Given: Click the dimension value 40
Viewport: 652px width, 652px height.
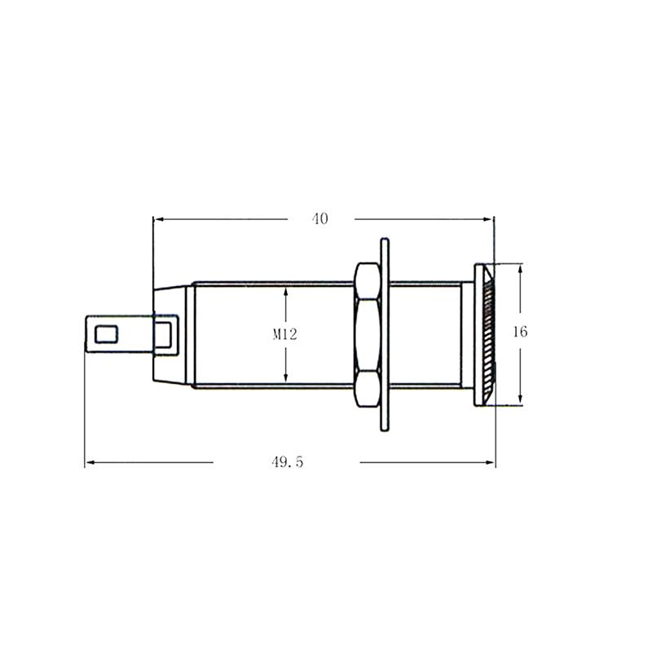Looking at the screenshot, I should [319, 218].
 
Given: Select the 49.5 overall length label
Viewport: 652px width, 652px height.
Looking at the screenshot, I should [287, 462].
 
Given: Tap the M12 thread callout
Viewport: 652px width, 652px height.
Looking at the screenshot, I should [284, 333].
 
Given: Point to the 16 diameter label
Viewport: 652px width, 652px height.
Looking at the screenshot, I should [520, 332].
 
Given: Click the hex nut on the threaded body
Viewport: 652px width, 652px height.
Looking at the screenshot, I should [367, 334].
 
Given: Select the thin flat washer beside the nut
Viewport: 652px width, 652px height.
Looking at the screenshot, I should [385, 334].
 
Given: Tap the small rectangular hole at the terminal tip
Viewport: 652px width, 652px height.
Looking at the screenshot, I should [105, 333].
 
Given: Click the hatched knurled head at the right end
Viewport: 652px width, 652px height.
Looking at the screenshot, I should [487, 334].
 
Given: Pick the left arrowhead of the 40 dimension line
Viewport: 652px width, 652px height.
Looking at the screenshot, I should [158, 218].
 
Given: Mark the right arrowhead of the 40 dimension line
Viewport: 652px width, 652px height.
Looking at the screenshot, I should [490, 218].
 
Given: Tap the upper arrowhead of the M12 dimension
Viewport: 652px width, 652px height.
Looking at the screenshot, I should [285, 289].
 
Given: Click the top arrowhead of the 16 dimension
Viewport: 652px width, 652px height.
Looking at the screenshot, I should [521, 267].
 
